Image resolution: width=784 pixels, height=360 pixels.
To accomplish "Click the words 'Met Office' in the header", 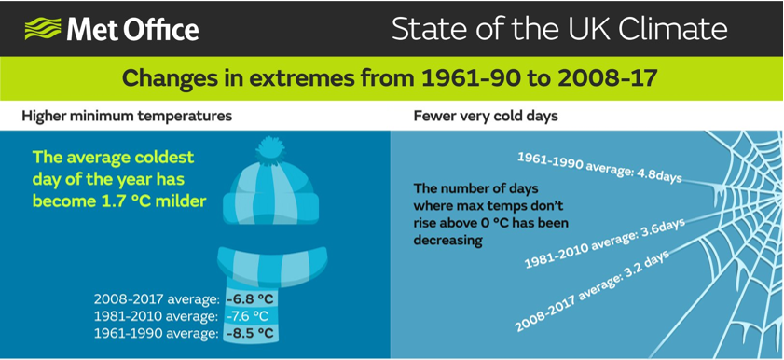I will (131, 29).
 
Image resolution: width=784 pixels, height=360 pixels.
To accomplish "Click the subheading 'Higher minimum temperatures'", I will (127, 116).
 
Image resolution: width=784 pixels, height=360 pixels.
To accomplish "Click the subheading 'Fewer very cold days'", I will (486, 116).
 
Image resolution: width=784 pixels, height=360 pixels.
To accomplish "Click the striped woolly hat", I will (272, 191).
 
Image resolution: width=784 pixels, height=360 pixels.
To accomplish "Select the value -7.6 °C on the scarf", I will (250, 315).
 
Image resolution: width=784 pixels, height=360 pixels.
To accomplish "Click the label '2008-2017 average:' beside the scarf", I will (157, 298).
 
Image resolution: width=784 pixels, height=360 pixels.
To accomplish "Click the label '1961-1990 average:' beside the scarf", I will (157, 333).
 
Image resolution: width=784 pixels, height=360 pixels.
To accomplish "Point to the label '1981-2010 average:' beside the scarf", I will (157, 315).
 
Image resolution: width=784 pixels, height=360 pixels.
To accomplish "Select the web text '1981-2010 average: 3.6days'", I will (604, 243).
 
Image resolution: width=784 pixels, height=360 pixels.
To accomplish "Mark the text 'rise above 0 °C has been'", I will (490, 223).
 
